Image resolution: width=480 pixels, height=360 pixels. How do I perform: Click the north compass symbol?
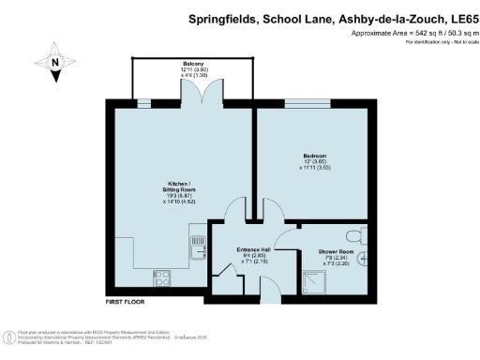click(x=54, y=62)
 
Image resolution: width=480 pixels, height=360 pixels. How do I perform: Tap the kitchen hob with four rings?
click(x=161, y=278)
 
